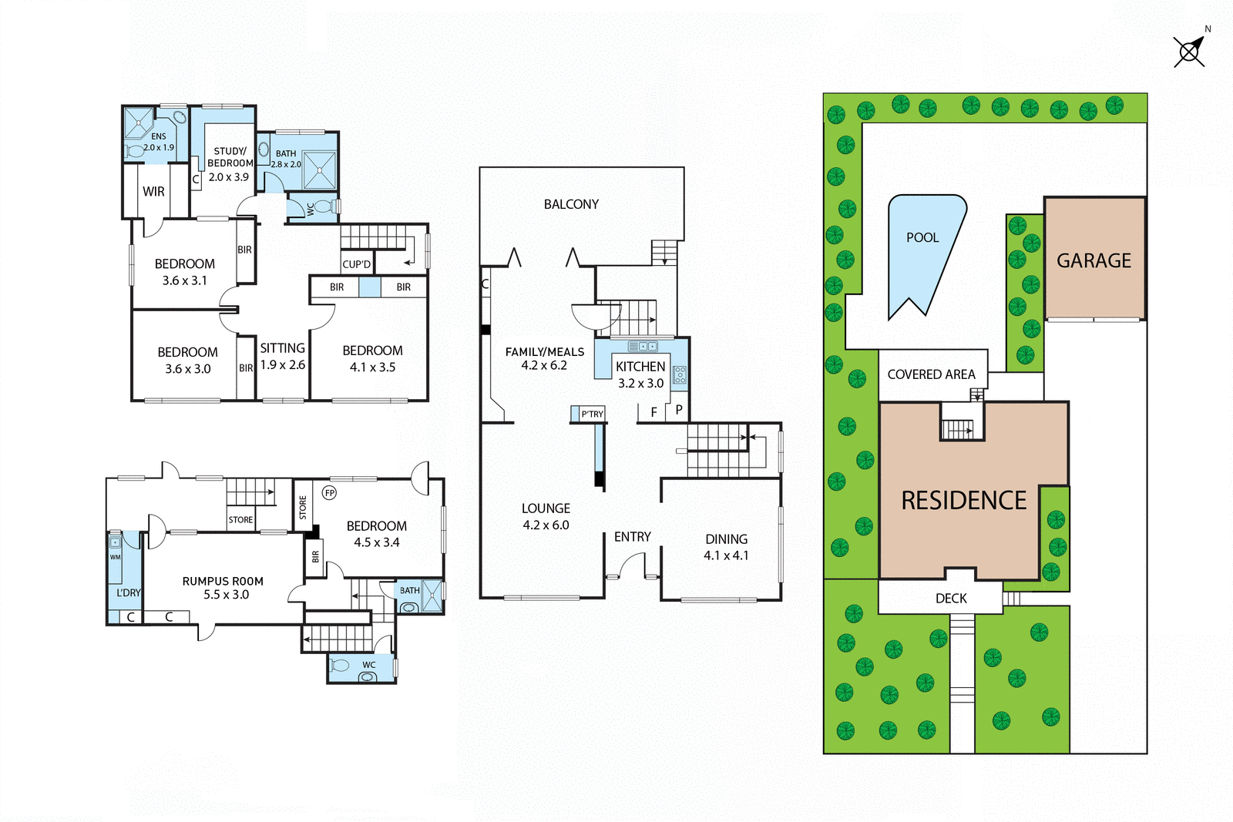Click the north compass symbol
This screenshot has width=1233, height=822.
(x=1190, y=52)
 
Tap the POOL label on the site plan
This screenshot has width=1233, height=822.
(x=922, y=237)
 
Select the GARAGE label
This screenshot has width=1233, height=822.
(x=1094, y=261)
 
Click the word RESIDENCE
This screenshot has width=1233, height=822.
(x=963, y=501)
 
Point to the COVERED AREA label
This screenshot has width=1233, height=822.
(x=931, y=374)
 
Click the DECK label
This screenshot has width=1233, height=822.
(x=951, y=599)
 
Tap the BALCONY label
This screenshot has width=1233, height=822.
(x=571, y=204)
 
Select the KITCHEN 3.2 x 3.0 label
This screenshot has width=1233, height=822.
(x=640, y=374)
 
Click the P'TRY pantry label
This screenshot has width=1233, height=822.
(x=592, y=414)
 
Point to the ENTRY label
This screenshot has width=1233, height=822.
(x=632, y=537)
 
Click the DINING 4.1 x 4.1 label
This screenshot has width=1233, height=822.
(x=726, y=547)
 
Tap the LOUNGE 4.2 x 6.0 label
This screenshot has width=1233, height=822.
(x=546, y=516)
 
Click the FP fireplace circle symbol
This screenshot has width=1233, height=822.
(x=330, y=493)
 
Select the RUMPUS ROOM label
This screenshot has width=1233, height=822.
(x=223, y=588)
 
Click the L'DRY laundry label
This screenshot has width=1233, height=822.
(x=129, y=592)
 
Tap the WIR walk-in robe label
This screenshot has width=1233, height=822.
(x=153, y=192)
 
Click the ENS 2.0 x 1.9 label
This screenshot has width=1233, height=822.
(x=159, y=142)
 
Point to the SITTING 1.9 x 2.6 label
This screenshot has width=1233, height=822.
(x=282, y=356)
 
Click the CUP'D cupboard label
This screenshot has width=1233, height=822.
(x=357, y=264)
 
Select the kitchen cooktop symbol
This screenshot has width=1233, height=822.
(x=680, y=375)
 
